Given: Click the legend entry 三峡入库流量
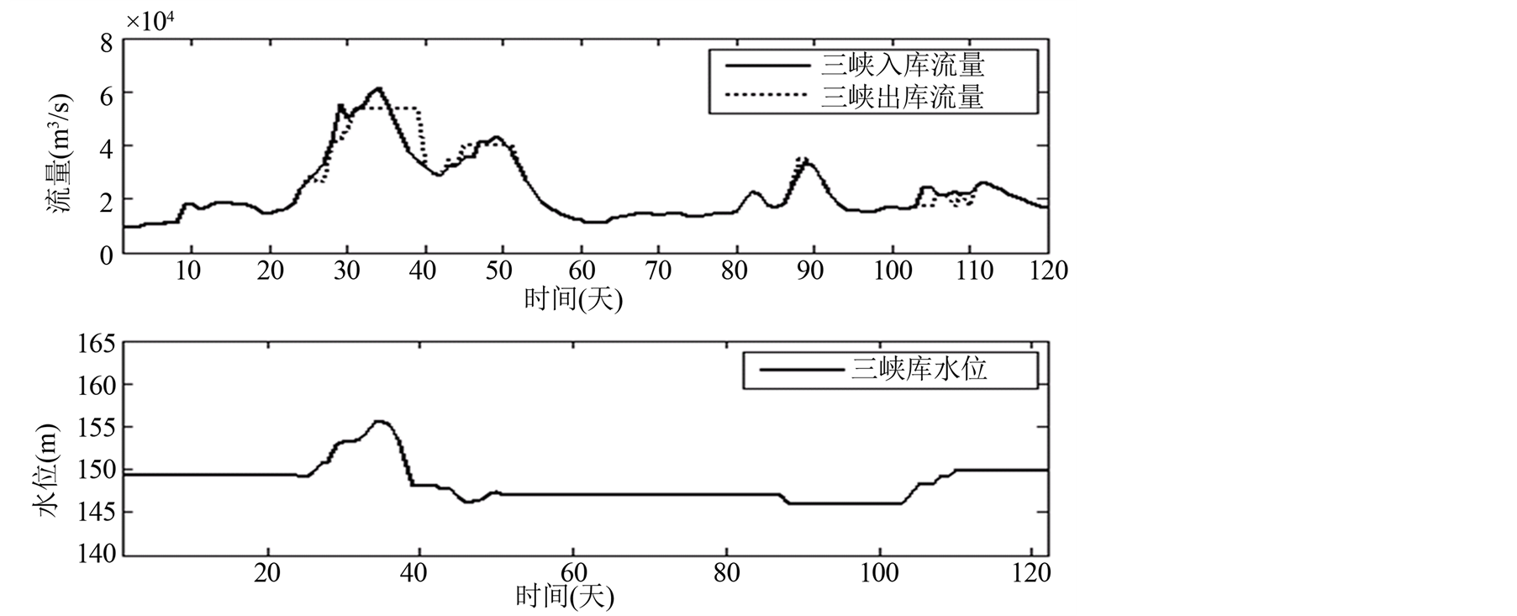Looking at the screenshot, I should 902,65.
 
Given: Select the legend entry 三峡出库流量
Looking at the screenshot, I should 902,97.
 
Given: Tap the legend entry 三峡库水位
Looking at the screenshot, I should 919,369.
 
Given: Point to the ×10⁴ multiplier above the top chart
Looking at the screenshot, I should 150,21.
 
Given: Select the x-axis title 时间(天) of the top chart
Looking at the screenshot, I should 573,297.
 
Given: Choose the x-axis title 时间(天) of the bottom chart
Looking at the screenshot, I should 565,596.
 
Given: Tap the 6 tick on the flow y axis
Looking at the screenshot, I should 106,95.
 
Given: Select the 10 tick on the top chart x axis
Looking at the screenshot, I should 188,271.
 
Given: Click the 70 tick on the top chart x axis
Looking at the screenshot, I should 658,271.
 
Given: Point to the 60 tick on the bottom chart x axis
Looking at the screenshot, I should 573,573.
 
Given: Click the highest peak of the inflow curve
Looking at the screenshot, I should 379,88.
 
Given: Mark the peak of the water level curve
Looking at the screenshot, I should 380,421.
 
